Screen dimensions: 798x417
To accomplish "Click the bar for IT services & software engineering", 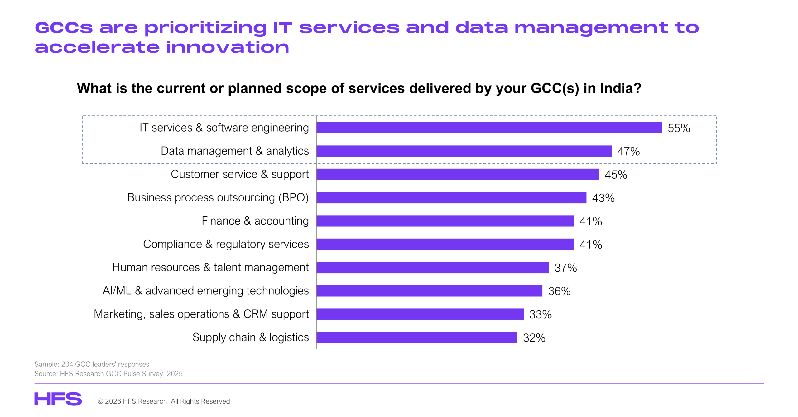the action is pyautogui.click(x=489, y=128).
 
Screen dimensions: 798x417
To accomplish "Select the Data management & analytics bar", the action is pyautogui.click(x=464, y=151).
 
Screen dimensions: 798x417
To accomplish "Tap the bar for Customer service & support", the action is pyautogui.click(x=458, y=174).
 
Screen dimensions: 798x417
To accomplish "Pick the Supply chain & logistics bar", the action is pyautogui.click(x=417, y=337).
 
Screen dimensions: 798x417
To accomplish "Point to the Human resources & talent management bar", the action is pyautogui.click(x=432, y=268).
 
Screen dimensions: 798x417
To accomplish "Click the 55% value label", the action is pyautogui.click(x=679, y=128).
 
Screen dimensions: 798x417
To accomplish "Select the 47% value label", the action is pyautogui.click(x=628, y=152).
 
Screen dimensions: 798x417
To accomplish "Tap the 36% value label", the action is pyautogui.click(x=559, y=291).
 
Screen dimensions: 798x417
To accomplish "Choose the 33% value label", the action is pyautogui.click(x=541, y=315).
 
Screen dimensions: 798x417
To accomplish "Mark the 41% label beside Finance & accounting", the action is pyautogui.click(x=591, y=221).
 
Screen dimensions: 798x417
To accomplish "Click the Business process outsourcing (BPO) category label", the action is pyautogui.click(x=218, y=198).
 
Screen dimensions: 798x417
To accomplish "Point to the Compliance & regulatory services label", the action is pyautogui.click(x=226, y=244).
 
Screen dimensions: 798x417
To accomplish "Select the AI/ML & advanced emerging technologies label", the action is pyautogui.click(x=206, y=291).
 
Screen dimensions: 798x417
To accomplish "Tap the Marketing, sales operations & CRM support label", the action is pyautogui.click(x=201, y=314).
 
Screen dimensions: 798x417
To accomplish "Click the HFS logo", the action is pyautogui.click(x=58, y=399).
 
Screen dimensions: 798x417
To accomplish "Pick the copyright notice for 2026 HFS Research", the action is pyautogui.click(x=165, y=401).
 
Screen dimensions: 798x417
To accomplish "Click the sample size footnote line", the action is pyautogui.click(x=92, y=364).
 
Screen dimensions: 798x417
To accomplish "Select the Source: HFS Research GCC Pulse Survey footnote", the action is pyautogui.click(x=108, y=374).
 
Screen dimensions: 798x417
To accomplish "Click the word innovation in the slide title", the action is pyautogui.click(x=228, y=47).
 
